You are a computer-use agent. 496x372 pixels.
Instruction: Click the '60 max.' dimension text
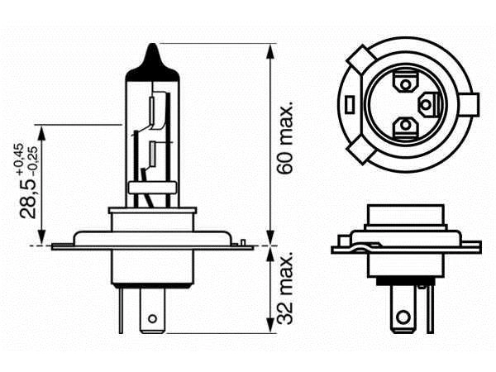pyautogui.click(x=287, y=138)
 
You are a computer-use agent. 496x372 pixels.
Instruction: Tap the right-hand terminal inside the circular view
pyautogui.click(x=427, y=104)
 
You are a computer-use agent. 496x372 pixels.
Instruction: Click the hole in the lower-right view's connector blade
pyautogui.click(x=403, y=316)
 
